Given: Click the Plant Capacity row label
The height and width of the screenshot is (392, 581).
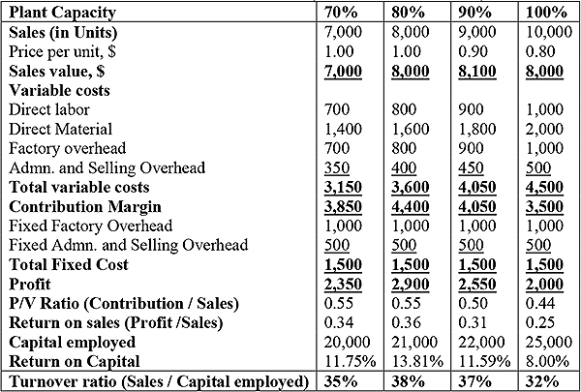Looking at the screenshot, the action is pos(62,13).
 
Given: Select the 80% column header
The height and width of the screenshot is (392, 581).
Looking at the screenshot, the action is pos(409,13).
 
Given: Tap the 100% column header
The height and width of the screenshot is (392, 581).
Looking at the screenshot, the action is pos(546,13).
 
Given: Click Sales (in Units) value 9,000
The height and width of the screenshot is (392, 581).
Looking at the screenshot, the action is pos(476,32).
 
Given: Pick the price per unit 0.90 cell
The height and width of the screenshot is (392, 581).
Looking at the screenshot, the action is pos(473,51).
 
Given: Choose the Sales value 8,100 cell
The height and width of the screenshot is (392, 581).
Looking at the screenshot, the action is pos(476,71).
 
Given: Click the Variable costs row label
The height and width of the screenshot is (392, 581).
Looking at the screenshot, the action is pos(59,90).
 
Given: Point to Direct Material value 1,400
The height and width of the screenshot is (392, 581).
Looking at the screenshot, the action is pos(343,129).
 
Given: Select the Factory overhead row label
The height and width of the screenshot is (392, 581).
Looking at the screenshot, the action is pos(68,148).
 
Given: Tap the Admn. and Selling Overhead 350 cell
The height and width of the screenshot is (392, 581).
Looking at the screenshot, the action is pos(337,167).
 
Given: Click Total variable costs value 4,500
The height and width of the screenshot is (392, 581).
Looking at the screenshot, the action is pos(544,187).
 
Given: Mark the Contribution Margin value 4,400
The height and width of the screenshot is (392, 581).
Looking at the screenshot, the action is pos(411,206).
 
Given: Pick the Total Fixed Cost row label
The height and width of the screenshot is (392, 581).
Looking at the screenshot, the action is pos(69,264).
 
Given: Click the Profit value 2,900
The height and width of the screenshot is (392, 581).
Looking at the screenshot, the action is pos(411,284).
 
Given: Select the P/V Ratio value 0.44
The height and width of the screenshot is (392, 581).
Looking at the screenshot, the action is pos(540,303).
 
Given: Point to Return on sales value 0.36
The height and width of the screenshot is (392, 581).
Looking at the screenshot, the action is pos(406,322).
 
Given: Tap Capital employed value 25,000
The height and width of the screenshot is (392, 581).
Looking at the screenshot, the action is pos(548,342).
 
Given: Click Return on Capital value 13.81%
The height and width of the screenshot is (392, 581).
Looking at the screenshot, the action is pos(417,361).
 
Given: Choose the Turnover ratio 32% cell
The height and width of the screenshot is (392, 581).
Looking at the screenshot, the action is pos(542,381).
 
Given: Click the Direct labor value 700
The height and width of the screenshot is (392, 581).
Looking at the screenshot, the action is pos(337,109).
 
